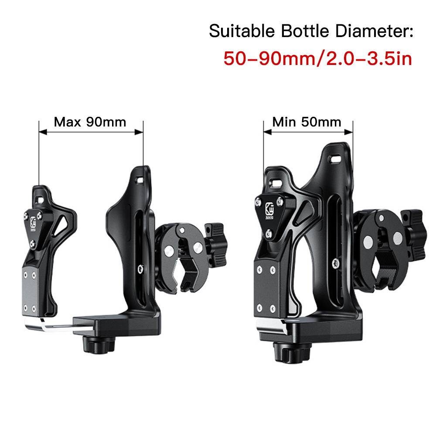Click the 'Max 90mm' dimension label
point(90,122)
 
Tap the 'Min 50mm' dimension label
point(307,122)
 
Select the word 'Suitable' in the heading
point(242,31)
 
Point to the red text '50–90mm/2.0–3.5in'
point(318,59)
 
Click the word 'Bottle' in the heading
point(305,31)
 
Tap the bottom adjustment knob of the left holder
point(99,344)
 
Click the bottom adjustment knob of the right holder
point(292,352)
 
